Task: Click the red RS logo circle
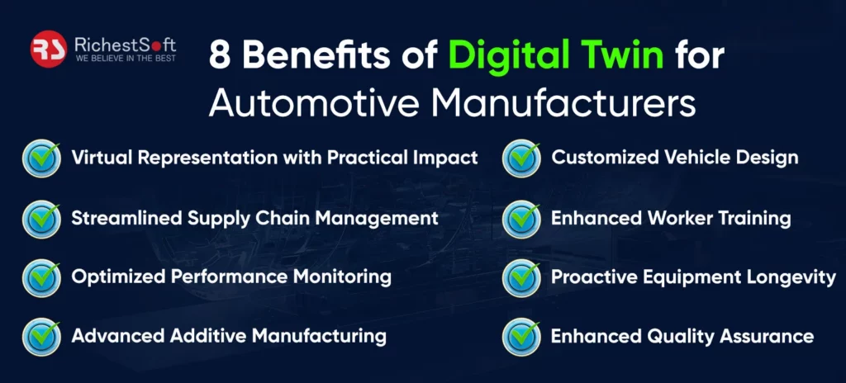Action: [49, 49]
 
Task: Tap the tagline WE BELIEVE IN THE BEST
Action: [126, 59]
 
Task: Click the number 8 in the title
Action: [220, 55]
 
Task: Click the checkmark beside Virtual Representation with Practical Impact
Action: [41, 158]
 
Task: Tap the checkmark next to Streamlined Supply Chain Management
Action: [41, 219]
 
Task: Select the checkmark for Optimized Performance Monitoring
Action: [41, 278]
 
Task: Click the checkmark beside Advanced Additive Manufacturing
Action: [41, 337]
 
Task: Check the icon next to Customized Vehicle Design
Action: [521, 158]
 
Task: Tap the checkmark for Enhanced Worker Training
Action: [521, 219]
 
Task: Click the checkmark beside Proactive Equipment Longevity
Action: [521, 278]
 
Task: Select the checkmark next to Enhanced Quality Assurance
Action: [521, 337]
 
